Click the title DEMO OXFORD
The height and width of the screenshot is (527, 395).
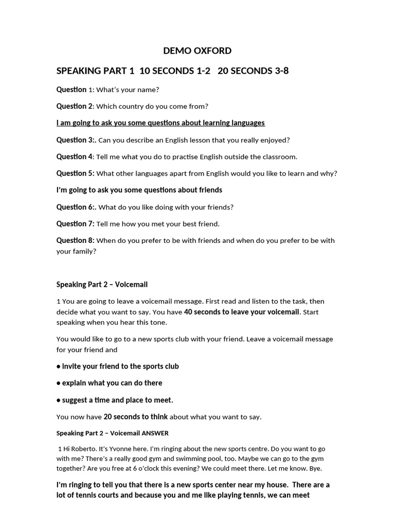[197, 50]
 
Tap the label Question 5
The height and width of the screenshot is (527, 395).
[75, 173]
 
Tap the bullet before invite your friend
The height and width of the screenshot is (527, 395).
[58, 366]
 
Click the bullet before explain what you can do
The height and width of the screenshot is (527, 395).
[58, 383]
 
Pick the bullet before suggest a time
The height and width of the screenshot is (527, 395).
[58, 400]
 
